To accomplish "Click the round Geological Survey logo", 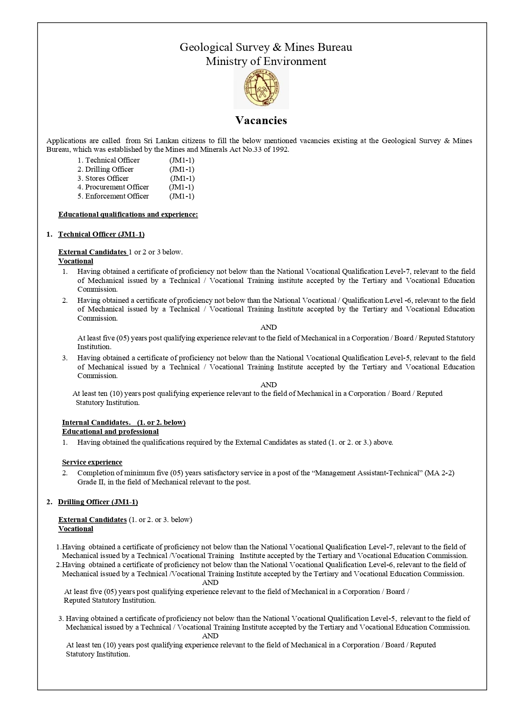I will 261,89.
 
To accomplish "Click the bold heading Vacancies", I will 261,120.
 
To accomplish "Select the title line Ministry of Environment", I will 266,62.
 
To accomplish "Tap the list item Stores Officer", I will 106,178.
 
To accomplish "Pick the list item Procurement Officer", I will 116,187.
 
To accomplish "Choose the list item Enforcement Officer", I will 116,196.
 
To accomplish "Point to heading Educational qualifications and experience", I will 128,214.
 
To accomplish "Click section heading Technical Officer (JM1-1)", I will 101,234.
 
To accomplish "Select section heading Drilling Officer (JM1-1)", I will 98,502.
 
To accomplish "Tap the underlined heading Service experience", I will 92,462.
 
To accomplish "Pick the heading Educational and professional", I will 110,431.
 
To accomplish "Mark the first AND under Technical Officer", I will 268,327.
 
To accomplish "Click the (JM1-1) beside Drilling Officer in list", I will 181,169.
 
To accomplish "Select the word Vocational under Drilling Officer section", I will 76,529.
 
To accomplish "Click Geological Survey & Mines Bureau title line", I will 266,47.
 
